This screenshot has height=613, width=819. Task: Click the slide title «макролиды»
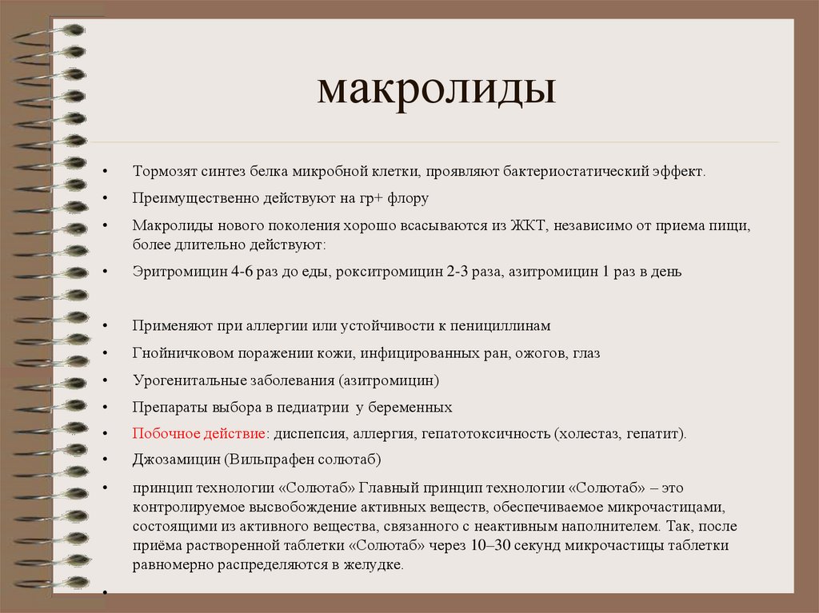[436, 90]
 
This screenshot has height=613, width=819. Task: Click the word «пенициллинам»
[506, 326]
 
